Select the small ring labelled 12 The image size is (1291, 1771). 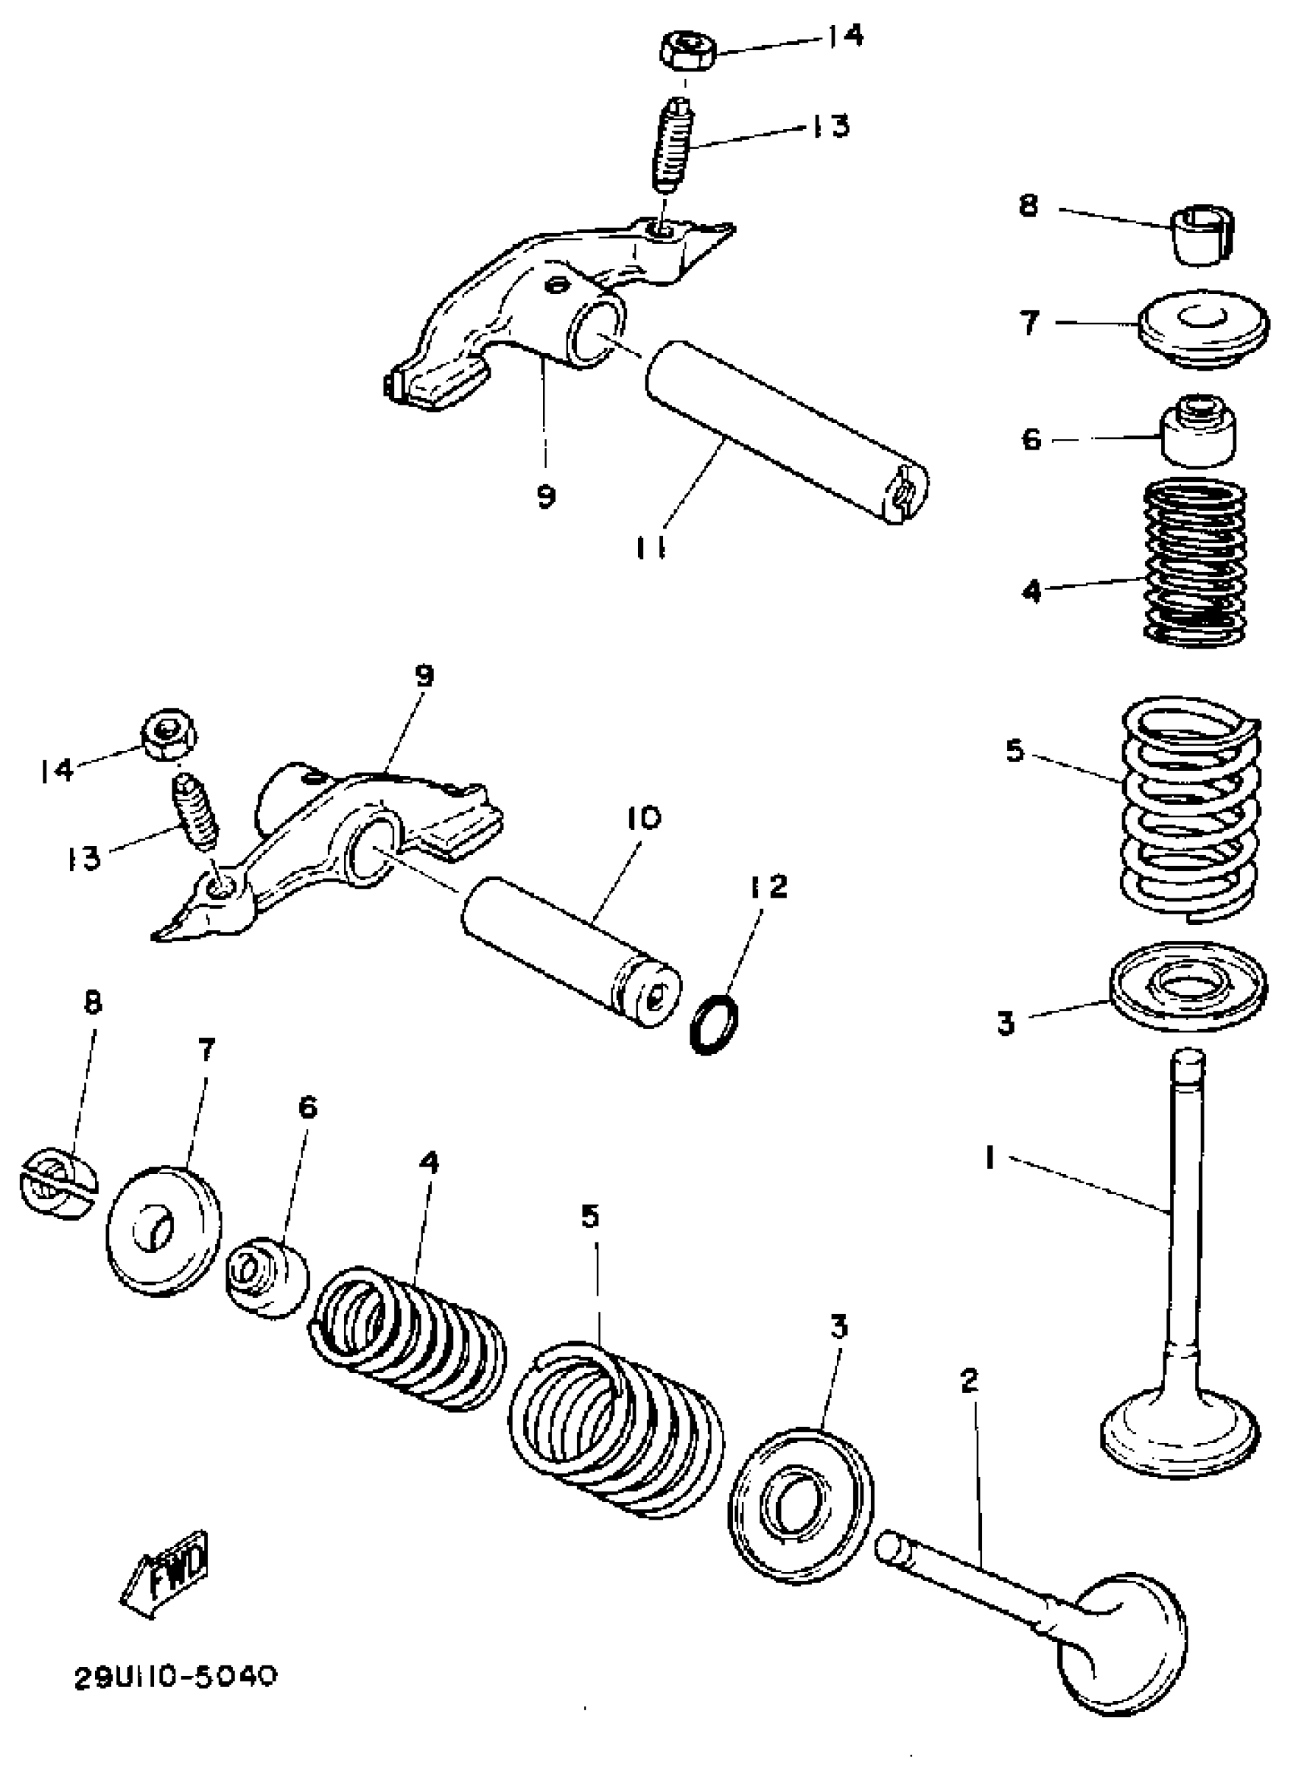[715, 1024]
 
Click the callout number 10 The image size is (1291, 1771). [643, 817]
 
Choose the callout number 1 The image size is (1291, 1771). [990, 1157]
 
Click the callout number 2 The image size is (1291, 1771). [968, 1380]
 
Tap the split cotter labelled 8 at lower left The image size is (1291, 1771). [56, 1182]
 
